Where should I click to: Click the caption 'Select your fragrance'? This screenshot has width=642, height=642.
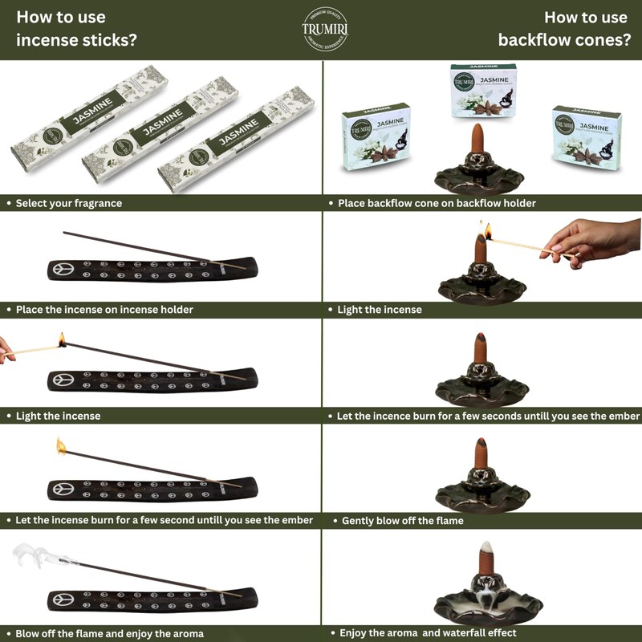click(69, 204)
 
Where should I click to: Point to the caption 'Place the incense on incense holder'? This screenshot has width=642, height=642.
click(104, 309)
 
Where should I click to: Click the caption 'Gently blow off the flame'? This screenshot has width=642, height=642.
click(402, 521)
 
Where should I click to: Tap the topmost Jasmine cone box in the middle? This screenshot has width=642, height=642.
click(482, 91)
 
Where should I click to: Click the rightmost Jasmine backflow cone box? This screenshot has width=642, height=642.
click(587, 137)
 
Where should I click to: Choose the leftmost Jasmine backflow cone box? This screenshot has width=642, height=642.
click(376, 139)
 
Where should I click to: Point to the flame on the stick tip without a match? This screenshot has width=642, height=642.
click(61, 445)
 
